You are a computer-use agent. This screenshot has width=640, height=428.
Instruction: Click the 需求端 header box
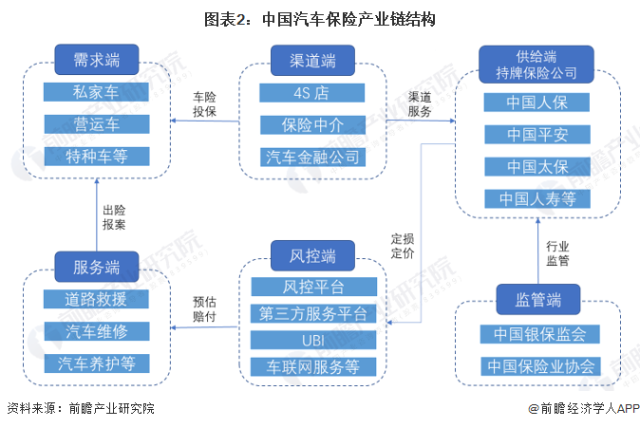pyautogui.click(x=97, y=61)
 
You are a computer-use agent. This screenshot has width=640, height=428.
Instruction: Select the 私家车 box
pyautogui.click(x=97, y=93)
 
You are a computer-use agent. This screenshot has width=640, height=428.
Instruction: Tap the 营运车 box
pyautogui.click(x=97, y=124)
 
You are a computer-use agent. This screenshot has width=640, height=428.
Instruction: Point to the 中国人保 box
pyautogui.click(x=536, y=102)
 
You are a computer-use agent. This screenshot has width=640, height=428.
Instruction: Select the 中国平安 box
pyautogui.click(x=536, y=135)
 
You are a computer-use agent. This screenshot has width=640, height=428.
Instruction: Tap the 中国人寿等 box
pyautogui.click(x=536, y=198)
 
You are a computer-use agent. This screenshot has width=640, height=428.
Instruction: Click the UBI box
pyautogui.click(x=312, y=340)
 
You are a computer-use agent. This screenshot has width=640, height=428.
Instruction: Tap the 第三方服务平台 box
pyautogui.click(x=312, y=313)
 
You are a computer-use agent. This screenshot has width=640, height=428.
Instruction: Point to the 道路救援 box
pyautogui.click(x=97, y=299)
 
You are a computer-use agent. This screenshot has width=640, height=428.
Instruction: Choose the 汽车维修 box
pyautogui.click(x=97, y=331)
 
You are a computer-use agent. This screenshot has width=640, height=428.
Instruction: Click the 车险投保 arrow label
pyautogui.click(x=205, y=104)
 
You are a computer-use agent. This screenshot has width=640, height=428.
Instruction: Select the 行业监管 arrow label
pyautogui.click(x=557, y=251)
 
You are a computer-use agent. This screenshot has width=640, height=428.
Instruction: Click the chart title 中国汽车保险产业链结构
pyautogui.click(x=320, y=18)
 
